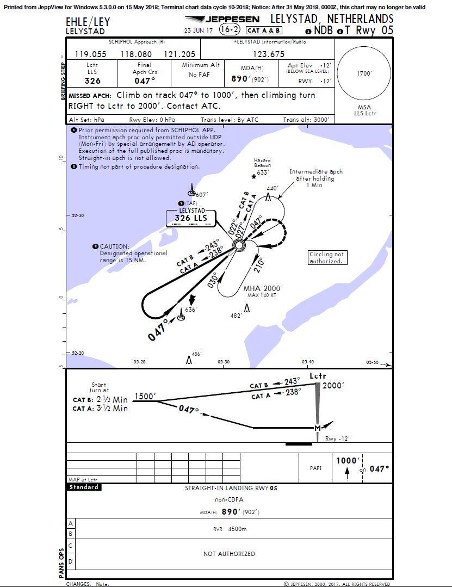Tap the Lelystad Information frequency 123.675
(268, 54)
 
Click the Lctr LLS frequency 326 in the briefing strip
(92, 81)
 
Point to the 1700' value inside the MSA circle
(364, 73)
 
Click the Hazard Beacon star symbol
(253, 176)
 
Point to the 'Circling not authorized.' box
(326, 258)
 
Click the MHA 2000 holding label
(262, 288)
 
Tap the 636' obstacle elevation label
(190, 310)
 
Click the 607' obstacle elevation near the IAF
(201, 194)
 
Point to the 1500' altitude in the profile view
(145, 397)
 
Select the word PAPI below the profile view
(315, 466)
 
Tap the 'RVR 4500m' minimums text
(230, 528)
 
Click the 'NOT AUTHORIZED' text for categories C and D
(228, 554)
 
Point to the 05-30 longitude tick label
(223, 362)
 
